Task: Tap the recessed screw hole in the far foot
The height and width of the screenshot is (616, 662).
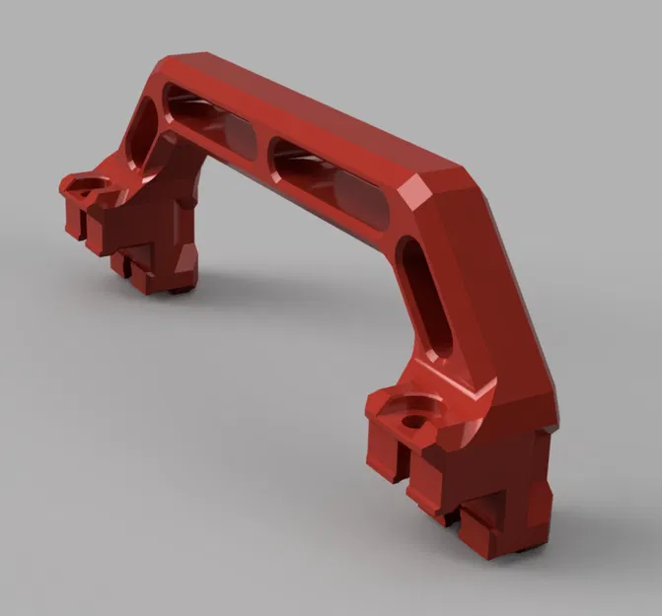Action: coord(89,187)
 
